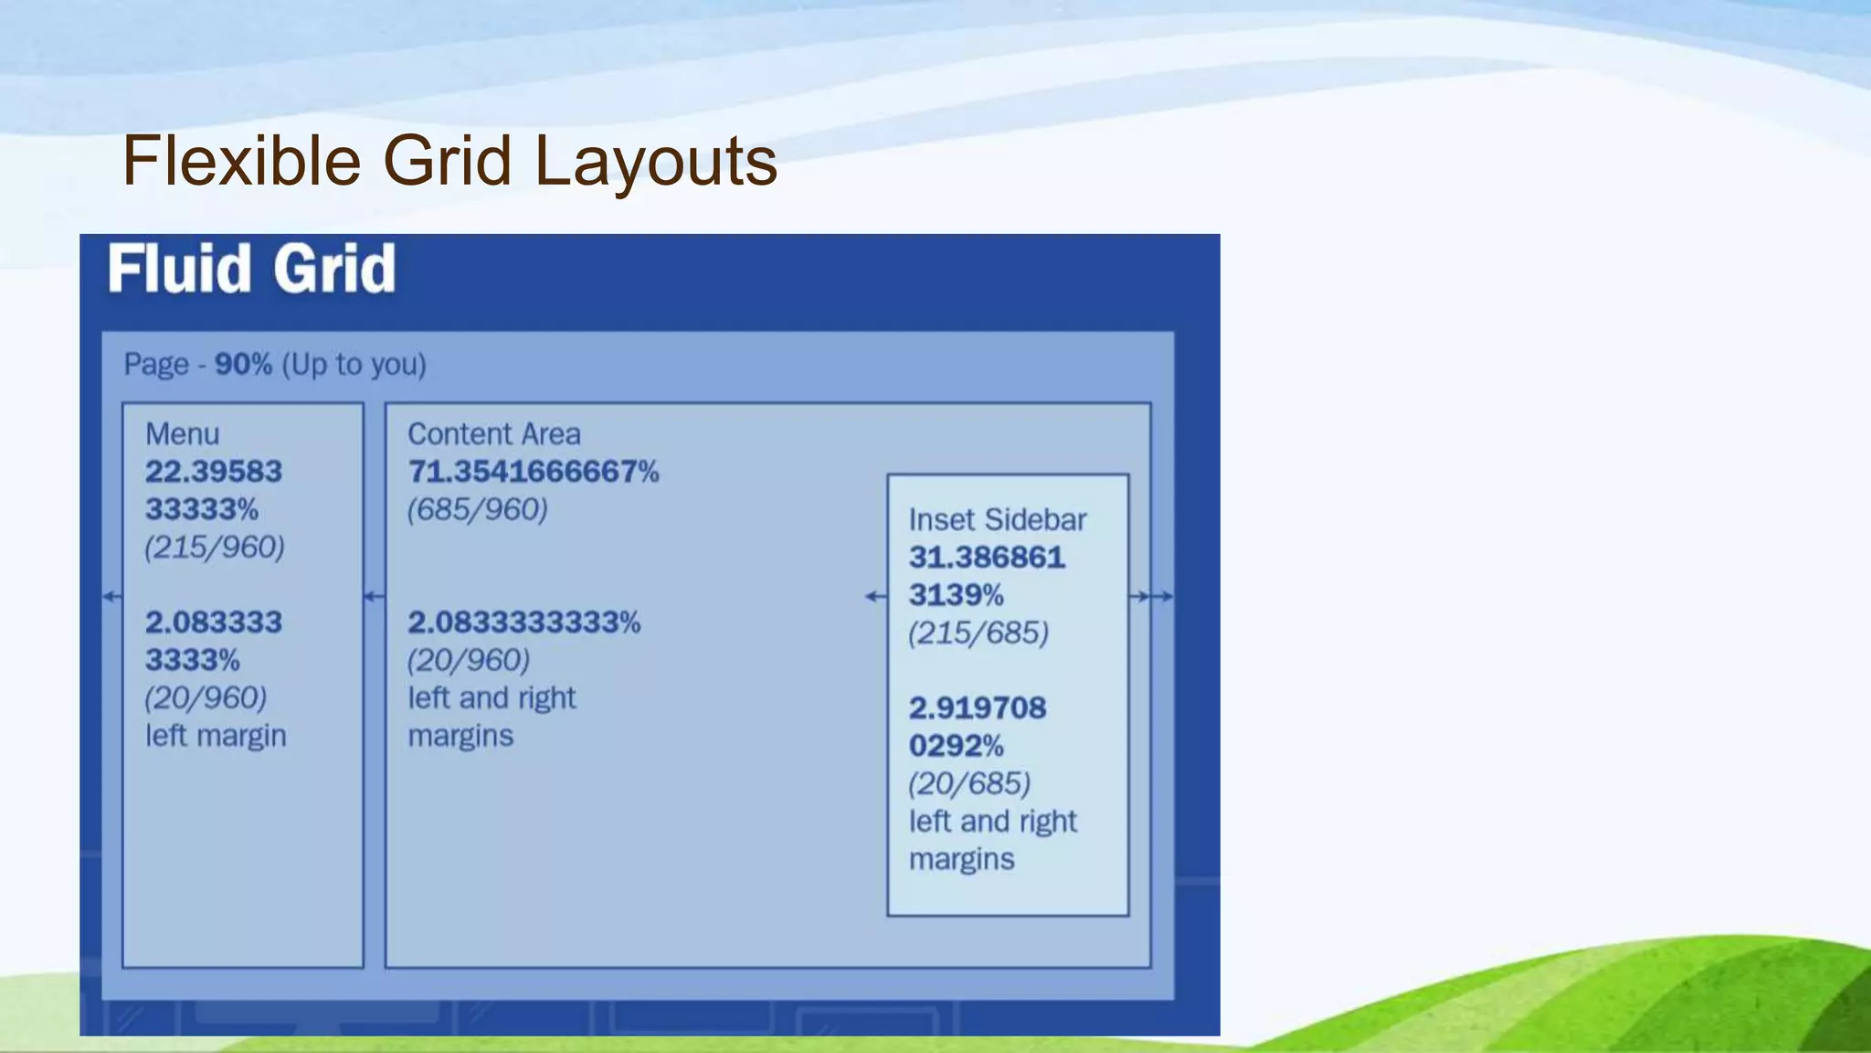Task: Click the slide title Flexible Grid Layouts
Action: (x=449, y=161)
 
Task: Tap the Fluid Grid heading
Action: (x=252, y=269)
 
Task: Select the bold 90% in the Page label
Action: (x=243, y=365)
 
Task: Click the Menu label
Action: (x=183, y=434)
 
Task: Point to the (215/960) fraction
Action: (x=215, y=548)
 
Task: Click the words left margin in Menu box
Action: (x=216, y=736)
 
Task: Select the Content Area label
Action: (x=493, y=434)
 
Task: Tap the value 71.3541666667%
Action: (x=533, y=473)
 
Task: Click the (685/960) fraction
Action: (x=477, y=510)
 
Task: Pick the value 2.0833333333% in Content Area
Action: (x=523, y=623)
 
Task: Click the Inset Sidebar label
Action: (x=997, y=520)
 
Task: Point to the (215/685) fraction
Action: (x=978, y=633)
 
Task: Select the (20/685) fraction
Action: (x=968, y=784)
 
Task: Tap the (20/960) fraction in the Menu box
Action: (x=206, y=698)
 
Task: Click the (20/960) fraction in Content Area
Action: (x=468, y=661)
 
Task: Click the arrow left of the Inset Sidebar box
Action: (x=875, y=597)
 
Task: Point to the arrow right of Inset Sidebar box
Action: (x=1150, y=597)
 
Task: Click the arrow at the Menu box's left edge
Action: (x=111, y=597)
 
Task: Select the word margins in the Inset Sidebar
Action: (x=961, y=860)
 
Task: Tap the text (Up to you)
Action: (x=354, y=365)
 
